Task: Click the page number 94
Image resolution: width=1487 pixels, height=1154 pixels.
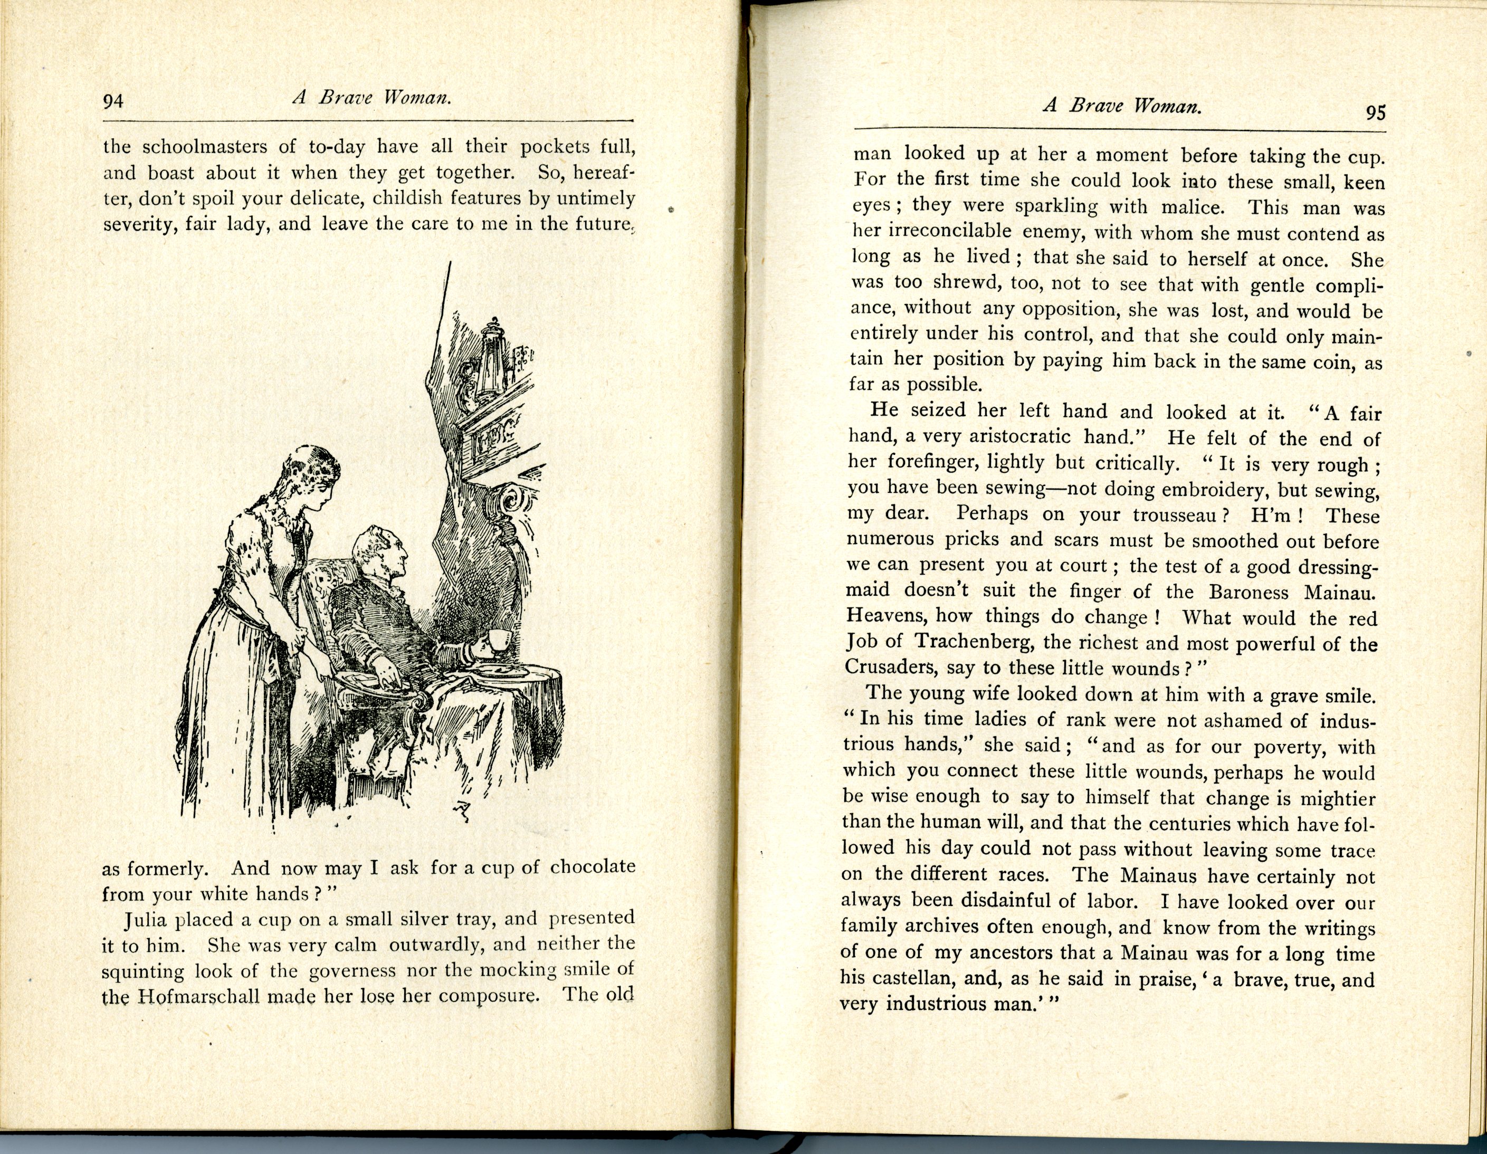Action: tap(113, 101)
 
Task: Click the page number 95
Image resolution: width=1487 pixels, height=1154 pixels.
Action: tap(1375, 112)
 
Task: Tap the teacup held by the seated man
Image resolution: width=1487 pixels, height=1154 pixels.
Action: tap(499, 641)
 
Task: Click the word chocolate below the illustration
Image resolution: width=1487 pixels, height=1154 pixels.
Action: tap(593, 867)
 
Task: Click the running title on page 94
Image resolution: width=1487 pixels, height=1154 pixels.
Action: tap(373, 98)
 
